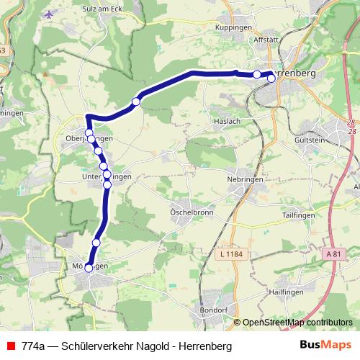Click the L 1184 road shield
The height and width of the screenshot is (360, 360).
coord(230,254)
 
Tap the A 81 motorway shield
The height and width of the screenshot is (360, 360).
coord(332,254)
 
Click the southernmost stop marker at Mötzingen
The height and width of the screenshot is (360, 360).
coord(89,268)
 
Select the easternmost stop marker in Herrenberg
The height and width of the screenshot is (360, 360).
coord(271,79)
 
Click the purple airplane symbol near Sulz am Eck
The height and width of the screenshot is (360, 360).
coord(49,14)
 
